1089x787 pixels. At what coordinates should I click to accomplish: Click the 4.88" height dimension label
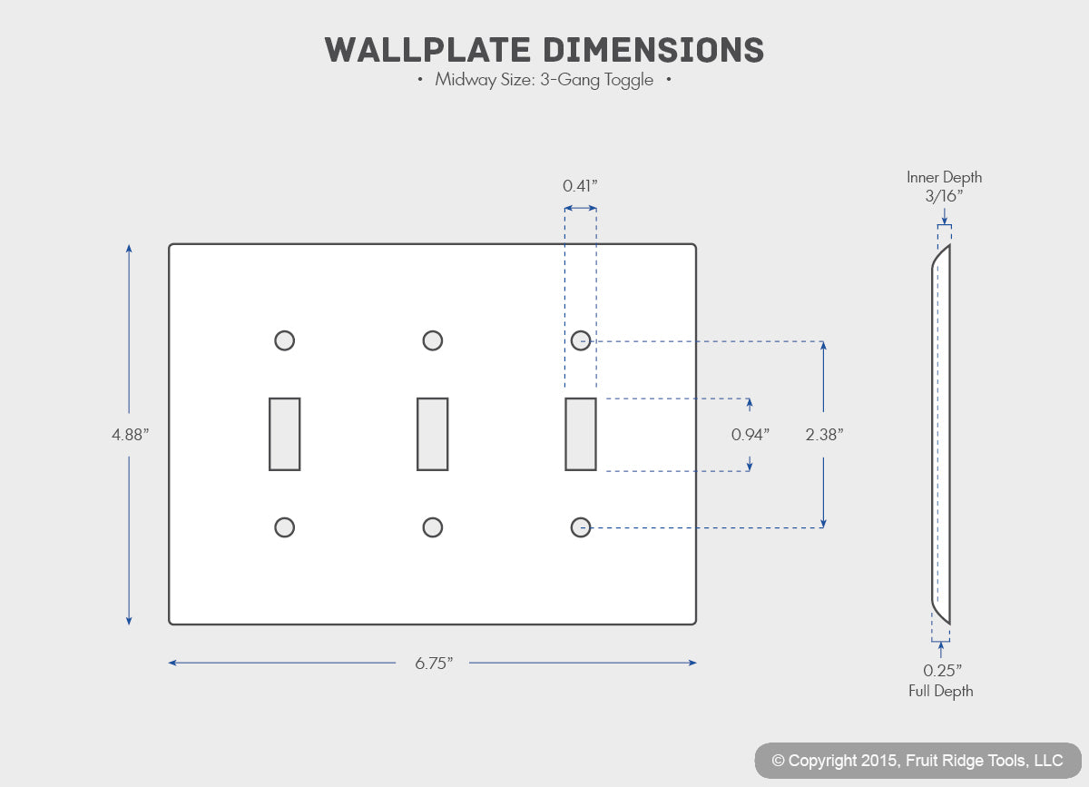tap(131, 435)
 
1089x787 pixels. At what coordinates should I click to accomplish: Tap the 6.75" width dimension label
tap(434, 663)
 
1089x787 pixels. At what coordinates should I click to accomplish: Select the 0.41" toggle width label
tap(580, 186)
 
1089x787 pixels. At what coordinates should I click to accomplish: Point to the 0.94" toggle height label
tap(751, 435)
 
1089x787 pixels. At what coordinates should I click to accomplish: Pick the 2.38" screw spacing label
tap(824, 435)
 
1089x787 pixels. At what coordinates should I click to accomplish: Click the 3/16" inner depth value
tap(944, 196)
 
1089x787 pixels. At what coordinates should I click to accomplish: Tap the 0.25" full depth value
tap(942, 670)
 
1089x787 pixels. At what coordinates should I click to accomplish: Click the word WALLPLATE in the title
tap(427, 50)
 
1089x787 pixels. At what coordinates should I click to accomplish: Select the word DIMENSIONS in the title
tap(652, 50)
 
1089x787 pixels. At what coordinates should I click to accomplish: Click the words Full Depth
tap(941, 691)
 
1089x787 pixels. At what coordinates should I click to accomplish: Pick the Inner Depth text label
tap(944, 177)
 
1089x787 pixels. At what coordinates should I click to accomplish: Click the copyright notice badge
tap(917, 761)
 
